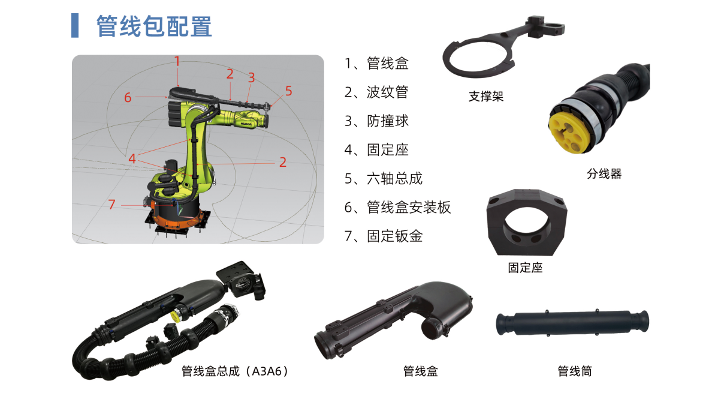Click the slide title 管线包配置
point(154,26)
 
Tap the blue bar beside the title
point(75,26)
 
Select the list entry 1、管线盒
point(376,64)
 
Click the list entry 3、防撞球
point(376,121)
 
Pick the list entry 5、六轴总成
point(384,178)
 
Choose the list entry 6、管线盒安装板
point(397,207)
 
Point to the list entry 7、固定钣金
point(384,236)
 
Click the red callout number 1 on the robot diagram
point(177,61)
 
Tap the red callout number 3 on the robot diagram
point(251,77)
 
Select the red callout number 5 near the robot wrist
point(289,91)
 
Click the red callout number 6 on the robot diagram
point(128,97)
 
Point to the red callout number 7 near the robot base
point(111,204)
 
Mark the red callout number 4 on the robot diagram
point(132,158)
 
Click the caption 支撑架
point(486,96)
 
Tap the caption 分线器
point(604,174)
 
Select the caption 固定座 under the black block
point(525,268)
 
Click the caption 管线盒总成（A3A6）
point(235,371)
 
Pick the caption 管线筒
point(575,371)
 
